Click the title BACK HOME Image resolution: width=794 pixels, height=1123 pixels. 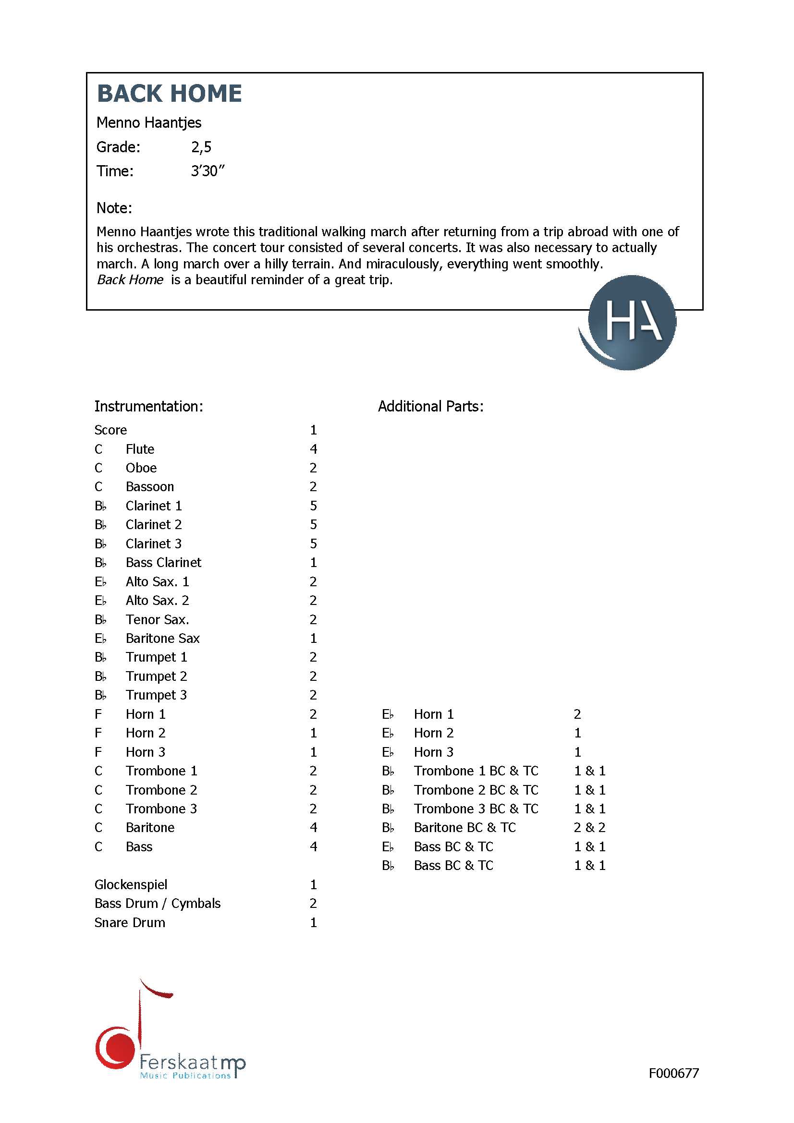click(x=169, y=94)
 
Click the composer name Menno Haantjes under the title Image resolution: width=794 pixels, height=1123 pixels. click(x=149, y=122)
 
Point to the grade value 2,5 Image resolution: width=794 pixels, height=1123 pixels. click(x=201, y=147)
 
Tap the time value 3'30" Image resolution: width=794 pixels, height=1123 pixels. click(x=208, y=171)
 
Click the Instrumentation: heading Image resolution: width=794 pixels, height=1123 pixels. click(x=148, y=406)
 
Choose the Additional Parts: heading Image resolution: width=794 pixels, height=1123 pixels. click(x=430, y=406)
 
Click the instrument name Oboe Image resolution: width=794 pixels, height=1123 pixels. click(x=141, y=468)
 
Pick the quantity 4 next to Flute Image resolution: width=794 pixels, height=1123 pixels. click(x=313, y=449)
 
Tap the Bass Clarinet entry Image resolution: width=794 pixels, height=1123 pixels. click(x=163, y=563)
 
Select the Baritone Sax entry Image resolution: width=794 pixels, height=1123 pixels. click(x=162, y=638)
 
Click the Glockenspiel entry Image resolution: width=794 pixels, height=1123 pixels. click(x=131, y=884)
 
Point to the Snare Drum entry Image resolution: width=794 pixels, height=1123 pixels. click(x=130, y=922)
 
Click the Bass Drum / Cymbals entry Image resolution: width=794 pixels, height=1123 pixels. click(x=157, y=904)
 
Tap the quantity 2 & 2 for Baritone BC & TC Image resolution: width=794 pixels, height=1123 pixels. click(x=589, y=828)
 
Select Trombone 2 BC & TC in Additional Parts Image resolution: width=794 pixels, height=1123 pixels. click(x=476, y=790)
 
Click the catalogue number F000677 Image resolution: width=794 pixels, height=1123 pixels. click(x=673, y=1073)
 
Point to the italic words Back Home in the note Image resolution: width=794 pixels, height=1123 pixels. click(x=130, y=280)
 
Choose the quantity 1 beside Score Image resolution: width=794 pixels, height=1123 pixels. click(x=313, y=430)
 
